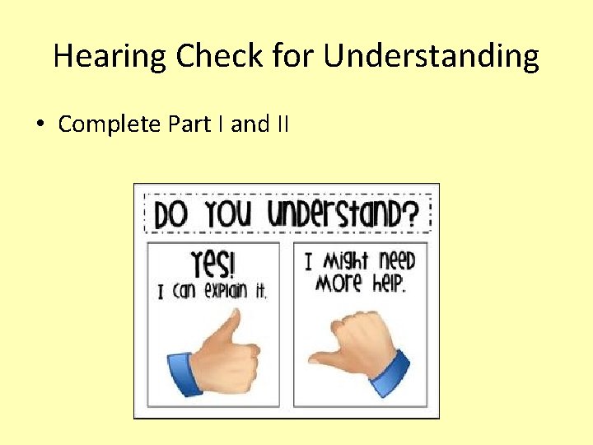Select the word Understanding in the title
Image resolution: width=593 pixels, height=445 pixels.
(x=431, y=56)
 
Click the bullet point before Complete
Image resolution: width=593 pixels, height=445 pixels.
(x=40, y=124)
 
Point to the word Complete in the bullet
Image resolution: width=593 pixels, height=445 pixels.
(x=110, y=124)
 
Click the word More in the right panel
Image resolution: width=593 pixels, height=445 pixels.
(x=339, y=283)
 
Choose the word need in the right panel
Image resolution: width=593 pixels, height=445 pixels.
(x=397, y=262)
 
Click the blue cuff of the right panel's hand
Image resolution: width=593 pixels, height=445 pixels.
(x=390, y=372)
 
